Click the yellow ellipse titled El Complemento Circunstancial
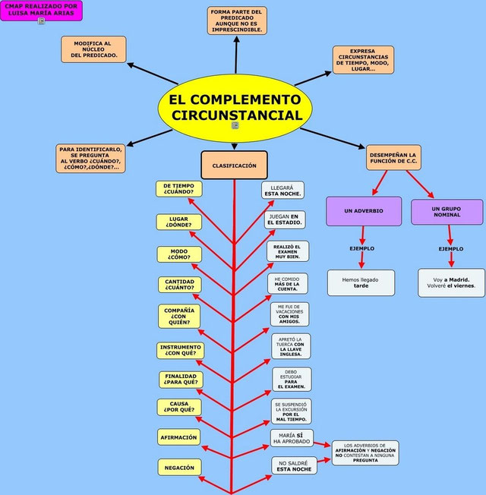pyautogui.click(x=235, y=108)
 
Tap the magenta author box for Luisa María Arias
pyautogui.click(x=41, y=11)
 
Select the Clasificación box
pyautogui.click(x=234, y=165)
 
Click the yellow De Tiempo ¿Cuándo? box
pyautogui.click(x=178, y=188)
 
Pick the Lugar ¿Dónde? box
pyautogui.click(x=178, y=222)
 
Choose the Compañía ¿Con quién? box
pyautogui.click(x=179, y=315)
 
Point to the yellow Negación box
pyautogui.click(x=179, y=467)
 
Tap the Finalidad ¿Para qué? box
pyautogui.click(x=181, y=379)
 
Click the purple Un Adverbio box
pyautogui.click(x=364, y=210)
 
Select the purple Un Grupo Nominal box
pyautogui.click(x=447, y=211)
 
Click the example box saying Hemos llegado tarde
pyautogui.click(x=361, y=282)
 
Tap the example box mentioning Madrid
pyautogui.click(x=451, y=282)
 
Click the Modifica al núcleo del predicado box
pyautogui.click(x=93, y=49)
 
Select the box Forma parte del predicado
pyautogui.click(x=237, y=20)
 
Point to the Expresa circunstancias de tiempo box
pyautogui.click(x=363, y=59)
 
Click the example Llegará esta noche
pyautogui.click(x=282, y=190)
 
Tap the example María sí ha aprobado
pyautogui.click(x=292, y=437)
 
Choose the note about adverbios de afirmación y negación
pyautogui.click(x=364, y=452)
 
